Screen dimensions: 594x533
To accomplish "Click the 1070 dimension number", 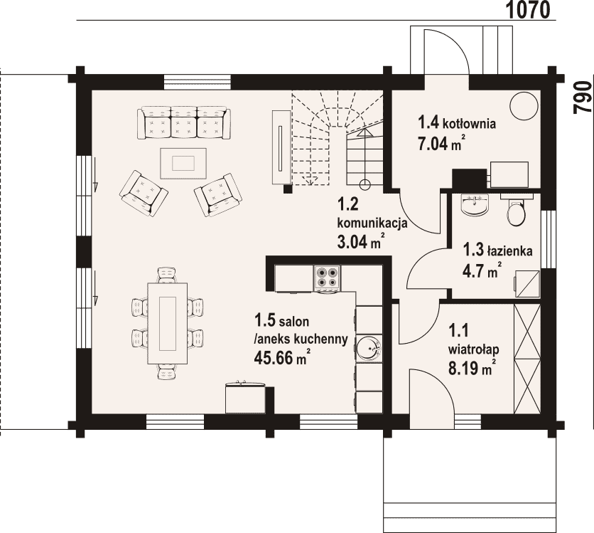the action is pos(528,10).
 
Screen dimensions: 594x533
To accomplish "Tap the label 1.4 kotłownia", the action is pos(457,123).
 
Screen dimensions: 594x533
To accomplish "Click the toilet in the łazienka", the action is pos(516,211).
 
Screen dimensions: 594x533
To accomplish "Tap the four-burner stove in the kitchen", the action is pos(328,278).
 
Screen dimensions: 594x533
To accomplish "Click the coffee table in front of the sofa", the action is pos(183,163).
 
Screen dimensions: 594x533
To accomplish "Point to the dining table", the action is pos(167,323).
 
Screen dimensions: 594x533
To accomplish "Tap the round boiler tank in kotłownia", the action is pos(524,106).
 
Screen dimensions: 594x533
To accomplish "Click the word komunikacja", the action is pos(372,223).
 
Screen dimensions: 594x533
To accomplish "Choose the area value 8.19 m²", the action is pos(472,368).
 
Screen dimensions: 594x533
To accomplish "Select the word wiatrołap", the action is pos(473,349).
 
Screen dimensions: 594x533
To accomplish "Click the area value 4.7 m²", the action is pos(482,270).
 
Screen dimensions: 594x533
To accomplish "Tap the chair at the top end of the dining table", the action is pos(167,275).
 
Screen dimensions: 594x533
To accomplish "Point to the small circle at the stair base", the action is pos(364,185).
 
